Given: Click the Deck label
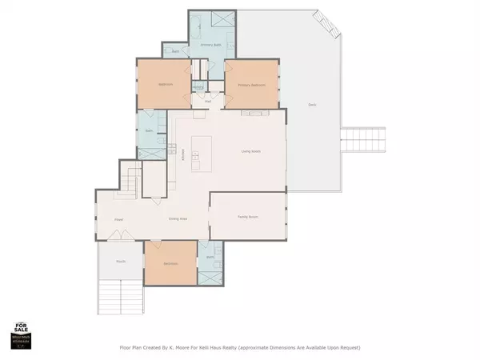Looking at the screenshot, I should [x=311, y=105].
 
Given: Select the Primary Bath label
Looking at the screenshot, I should [x=210, y=46].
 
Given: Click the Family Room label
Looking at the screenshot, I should [x=246, y=216].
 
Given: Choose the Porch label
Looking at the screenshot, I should [x=121, y=261].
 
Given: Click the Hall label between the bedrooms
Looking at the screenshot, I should [x=207, y=102].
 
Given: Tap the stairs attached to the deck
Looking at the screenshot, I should [x=364, y=141].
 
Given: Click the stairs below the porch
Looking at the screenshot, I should [x=122, y=298].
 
